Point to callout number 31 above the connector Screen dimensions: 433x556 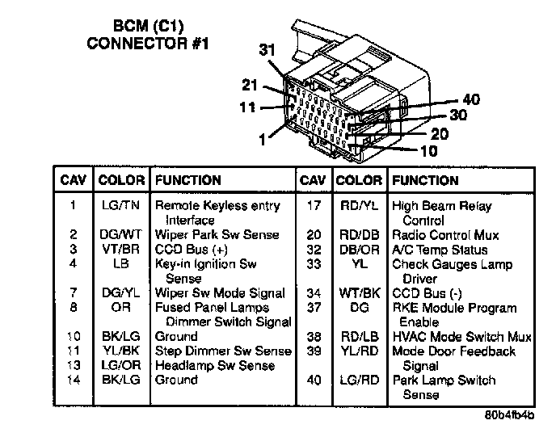click(x=267, y=49)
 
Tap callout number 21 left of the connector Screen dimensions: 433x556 click(x=251, y=85)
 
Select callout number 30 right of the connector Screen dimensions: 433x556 click(x=457, y=116)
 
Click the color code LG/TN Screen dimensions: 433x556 click(x=120, y=206)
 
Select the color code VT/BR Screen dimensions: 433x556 click(x=120, y=249)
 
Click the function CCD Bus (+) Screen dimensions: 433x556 click(x=192, y=249)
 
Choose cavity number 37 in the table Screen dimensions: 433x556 click(x=314, y=308)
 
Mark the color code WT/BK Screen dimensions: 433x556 click(x=359, y=293)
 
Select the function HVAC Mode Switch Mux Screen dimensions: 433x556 click(x=461, y=337)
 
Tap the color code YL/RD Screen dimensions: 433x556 click(x=359, y=351)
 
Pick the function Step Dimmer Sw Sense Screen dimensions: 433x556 click(x=222, y=351)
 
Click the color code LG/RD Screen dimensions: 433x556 click(x=359, y=380)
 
